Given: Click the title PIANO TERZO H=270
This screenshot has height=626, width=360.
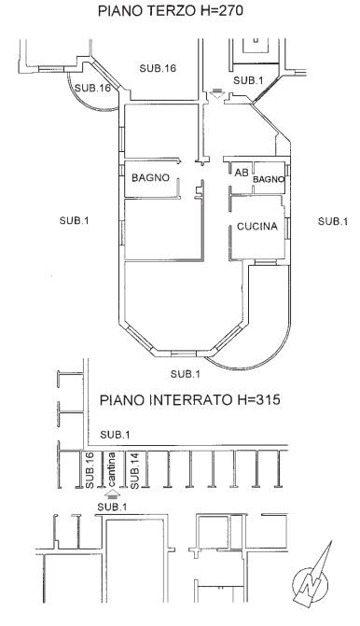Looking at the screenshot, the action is coord(171,11).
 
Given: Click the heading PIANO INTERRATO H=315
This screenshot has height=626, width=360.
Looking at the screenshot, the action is coord(189,399).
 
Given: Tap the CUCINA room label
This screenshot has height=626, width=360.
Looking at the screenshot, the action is coord(257,227).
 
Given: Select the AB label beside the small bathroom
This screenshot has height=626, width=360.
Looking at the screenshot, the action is coord(242,173).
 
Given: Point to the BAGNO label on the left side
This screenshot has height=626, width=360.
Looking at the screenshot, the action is coord(150,177).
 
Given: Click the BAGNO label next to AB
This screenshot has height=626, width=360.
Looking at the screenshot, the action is coord(269,180).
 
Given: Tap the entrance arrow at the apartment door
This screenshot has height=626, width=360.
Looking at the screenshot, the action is coord(216,92).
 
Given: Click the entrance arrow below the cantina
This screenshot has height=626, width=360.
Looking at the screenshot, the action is coord(113,494).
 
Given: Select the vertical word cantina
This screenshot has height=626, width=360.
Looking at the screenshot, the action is coord(112,469).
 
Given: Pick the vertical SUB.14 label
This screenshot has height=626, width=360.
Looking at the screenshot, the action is coord(134,470).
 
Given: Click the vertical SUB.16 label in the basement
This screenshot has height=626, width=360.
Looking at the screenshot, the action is coord(90,470).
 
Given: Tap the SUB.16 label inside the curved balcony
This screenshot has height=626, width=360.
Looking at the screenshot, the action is coord(92,88).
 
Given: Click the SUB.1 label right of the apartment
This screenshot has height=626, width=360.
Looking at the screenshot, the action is coord(333,221).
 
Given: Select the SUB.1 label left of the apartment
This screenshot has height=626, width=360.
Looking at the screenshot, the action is coord(74,220).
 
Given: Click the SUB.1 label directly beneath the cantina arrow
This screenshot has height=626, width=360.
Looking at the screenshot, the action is coord(112,508).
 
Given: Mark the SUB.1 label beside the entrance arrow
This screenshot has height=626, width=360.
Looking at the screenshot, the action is coord(248,80).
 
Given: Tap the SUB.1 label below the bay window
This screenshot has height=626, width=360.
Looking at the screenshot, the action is coord(186,374).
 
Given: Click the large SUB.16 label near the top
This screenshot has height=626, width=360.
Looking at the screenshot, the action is coord(158,68).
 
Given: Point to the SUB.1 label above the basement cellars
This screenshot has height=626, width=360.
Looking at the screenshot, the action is coord(115,435).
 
